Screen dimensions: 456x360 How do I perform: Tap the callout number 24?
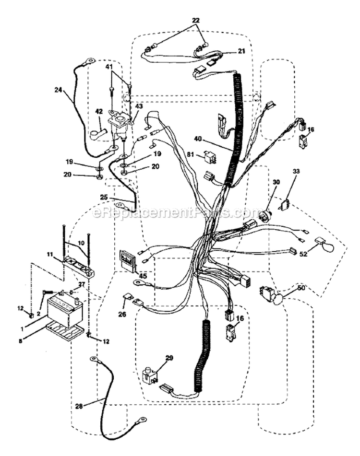tap(58, 89)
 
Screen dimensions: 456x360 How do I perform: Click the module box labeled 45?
tap(128, 261)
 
